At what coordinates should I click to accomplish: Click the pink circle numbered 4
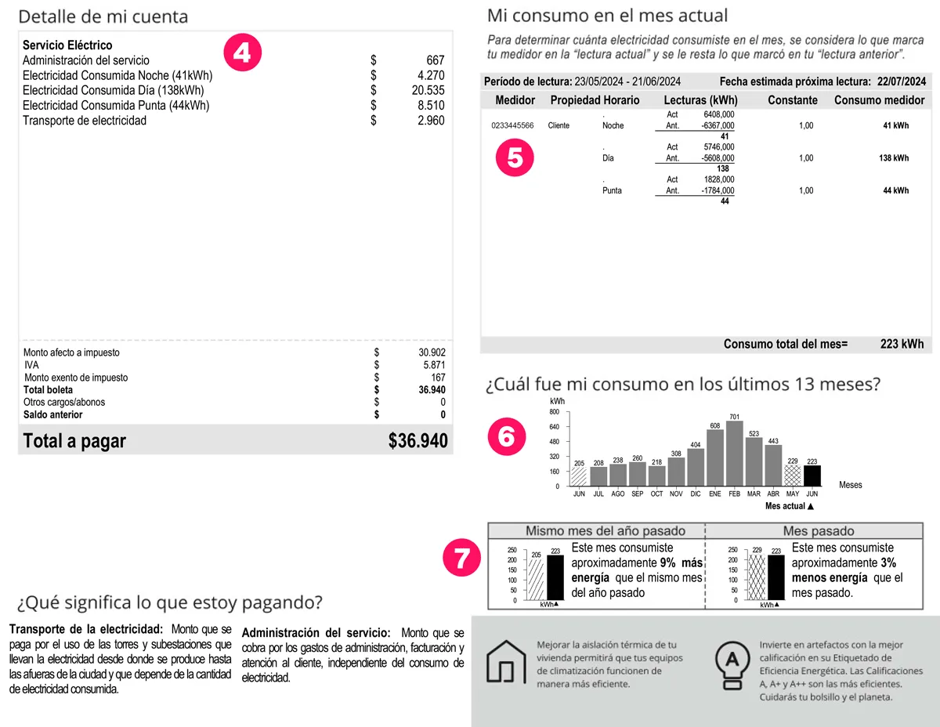(242, 52)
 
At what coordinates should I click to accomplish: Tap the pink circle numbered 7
(462, 558)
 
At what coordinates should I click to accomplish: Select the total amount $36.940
(418, 441)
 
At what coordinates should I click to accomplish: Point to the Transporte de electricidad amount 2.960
(431, 121)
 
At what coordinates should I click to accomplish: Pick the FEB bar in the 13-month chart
(735, 454)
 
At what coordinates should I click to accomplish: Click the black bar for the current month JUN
(812, 476)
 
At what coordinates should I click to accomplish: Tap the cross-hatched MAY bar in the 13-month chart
(793, 476)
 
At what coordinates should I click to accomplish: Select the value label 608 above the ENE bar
(715, 425)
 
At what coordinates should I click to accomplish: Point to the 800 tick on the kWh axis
(554, 412)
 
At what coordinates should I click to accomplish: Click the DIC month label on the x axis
(696, 494)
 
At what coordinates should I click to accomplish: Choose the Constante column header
(793, 100)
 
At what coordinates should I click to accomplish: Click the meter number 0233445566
(512, 125)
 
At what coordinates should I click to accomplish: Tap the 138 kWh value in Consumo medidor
(894, 158)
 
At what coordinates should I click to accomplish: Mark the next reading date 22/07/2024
(902, 81)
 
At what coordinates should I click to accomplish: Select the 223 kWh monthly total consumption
(902, 344)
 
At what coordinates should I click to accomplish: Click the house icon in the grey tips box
(505, 662)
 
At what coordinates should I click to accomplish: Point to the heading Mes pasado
(819, 531)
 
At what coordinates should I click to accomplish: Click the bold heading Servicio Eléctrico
(67, 45)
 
